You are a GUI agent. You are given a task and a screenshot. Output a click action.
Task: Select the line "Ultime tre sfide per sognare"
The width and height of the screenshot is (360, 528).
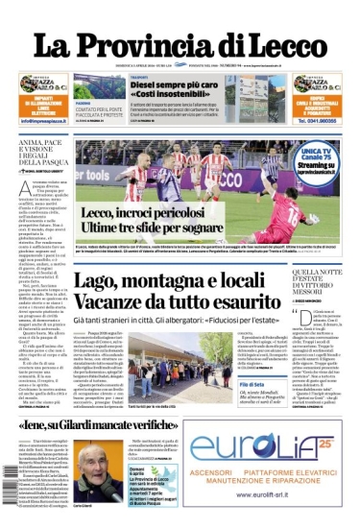[144, 225]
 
